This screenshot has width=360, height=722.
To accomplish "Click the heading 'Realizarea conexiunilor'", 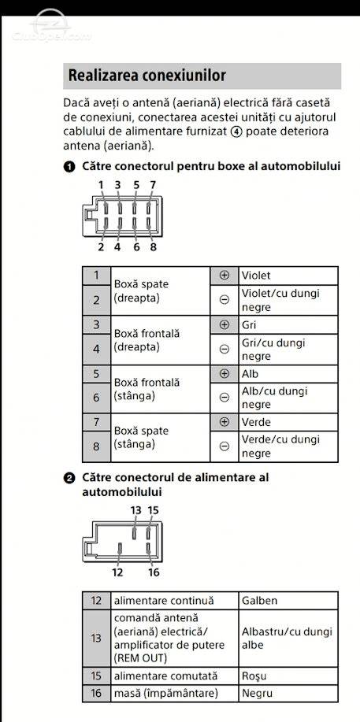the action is tap(147, 76).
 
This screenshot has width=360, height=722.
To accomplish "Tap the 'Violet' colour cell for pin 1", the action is tap(288, 276).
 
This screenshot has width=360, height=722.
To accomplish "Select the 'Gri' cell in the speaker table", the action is tap(288, 324).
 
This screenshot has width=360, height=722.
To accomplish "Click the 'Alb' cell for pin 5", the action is tap(288, 373).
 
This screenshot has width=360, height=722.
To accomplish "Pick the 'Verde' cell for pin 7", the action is tap(288, 422).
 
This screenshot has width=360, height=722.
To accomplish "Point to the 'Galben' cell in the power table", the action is tap(288, 601).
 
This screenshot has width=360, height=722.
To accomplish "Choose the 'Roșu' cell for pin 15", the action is tap(288, 676).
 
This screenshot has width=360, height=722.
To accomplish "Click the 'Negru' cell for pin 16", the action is tap(288, 693).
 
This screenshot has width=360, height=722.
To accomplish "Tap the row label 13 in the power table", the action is tap(96, 639).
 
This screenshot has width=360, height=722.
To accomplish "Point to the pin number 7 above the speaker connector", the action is tap(153, 185).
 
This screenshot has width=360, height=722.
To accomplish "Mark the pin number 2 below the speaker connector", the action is tap(101, 246).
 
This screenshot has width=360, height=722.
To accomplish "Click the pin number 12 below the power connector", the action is tap(117, 572).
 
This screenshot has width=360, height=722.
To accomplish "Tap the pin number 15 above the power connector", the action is tap(153, 510).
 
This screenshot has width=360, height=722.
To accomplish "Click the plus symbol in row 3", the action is tap(225, 324).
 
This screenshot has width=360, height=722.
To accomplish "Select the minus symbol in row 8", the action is tap(225, 446).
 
